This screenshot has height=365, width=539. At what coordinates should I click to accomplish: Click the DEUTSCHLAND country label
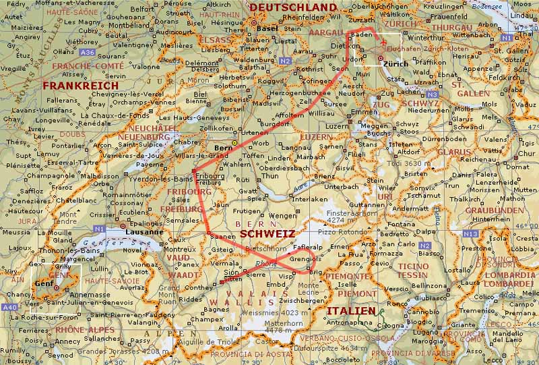click(292, 7)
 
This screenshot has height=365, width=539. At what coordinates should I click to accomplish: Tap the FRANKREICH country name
click(80, 86)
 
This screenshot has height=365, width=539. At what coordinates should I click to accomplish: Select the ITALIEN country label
click(351, 310)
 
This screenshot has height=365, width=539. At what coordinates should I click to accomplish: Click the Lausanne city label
click(144, 231)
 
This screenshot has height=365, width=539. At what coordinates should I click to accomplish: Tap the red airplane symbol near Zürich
click(384, 44)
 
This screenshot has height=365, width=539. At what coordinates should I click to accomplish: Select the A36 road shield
click(87, 52)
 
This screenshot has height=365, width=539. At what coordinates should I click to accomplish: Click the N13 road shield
click(471, 233)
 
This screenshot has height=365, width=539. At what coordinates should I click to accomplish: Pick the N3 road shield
click(433, 95)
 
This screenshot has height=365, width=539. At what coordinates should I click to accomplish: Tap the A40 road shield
click(10, 308)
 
